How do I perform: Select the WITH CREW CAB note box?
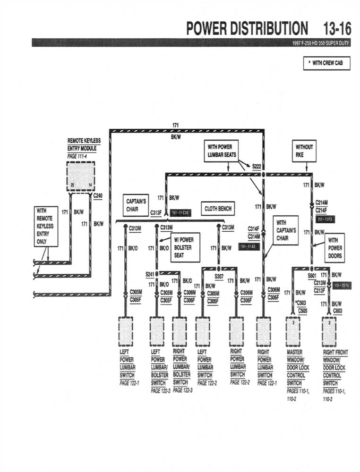click(x=327, y=63)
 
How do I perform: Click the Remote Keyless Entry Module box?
click(x=80, y=176)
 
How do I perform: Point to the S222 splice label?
click(x=257, y=166)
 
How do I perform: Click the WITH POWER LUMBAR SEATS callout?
click(x=222, y=151)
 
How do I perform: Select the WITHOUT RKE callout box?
click(x=304, y=151)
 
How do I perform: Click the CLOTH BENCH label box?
click(x=218, y=209)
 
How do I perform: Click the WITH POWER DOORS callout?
click(x=335, y=248)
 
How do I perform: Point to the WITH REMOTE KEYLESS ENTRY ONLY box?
click(x=46, y=226)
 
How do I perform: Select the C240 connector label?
click(x=98, y=195)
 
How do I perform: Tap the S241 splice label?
click(x=150, y=274)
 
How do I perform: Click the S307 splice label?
click(x=219, y=276)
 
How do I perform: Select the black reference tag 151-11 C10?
click(x=180, y=213)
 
